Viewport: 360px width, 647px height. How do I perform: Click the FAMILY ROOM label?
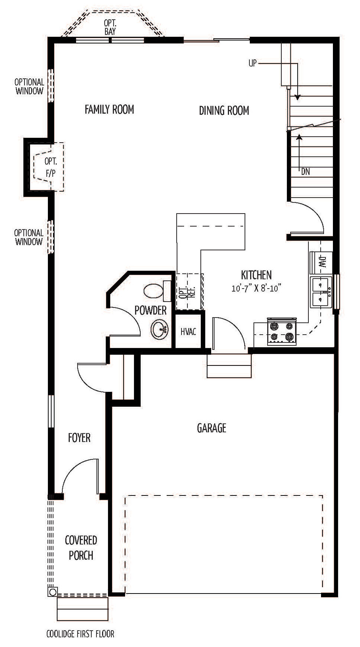109,109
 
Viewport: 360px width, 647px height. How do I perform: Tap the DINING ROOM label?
224,110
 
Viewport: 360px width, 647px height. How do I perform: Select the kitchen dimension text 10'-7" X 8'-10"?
256,289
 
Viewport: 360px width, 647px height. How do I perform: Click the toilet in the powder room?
157,291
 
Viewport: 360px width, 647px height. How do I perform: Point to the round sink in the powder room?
160,329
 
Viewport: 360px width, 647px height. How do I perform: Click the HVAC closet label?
188,331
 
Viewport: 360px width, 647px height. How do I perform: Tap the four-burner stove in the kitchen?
282,331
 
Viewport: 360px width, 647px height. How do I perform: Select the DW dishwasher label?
321,261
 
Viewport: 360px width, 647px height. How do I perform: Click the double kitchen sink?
321,292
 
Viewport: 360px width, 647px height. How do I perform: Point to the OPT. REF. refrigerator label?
184,292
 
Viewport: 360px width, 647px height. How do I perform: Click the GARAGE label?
212,428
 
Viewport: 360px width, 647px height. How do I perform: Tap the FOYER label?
79,438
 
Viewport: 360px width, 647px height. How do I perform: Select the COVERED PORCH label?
81,547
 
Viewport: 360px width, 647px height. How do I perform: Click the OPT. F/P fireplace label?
50,167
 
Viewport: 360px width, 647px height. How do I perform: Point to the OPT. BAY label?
110,27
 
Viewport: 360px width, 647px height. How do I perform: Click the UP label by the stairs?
252,63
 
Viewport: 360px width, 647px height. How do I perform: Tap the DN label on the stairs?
305,172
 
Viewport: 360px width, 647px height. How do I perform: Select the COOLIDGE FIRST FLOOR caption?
80,634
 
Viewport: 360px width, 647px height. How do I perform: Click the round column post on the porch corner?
52,592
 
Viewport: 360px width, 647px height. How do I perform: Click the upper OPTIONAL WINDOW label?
29,86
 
